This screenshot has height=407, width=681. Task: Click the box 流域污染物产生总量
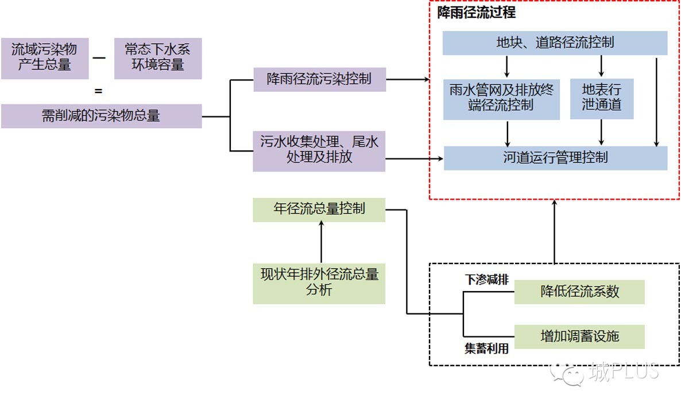pyautogui.click(x=45, y=58)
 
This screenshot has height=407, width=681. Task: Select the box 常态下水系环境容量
pyautogui.click(x=158, y=58)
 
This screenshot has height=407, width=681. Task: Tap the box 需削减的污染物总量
pyautogui.click(x=101, y=116)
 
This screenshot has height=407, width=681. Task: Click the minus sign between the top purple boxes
pyautogui.click(x=99, y=58)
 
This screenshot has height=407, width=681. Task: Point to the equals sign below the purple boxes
pyautogui.click(x=98, y=91)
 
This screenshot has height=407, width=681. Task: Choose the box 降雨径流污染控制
pyautogui.click(x=319, y=79)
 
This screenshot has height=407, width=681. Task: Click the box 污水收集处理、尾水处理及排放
pyautogui.click(x=319, y=151)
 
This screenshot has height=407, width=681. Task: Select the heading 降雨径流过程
pyautogui.click(x=477, y=13)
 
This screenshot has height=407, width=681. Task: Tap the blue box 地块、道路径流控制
pyautogui.click(x=555, y=43)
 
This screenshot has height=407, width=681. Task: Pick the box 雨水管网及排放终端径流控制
pyautogui.click(x=501, y=99)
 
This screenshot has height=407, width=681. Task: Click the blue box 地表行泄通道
pyautogui.click(x=601, y=99)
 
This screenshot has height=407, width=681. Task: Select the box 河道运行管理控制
pyautogui.click(x=555, y=158)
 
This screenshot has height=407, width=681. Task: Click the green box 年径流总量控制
pyautogui.click(x=319, y=209)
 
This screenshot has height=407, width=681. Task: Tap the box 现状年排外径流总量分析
pyautogui.click(x=319, y=283)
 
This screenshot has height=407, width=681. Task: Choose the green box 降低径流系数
pyautogui.click(x=579, y=292)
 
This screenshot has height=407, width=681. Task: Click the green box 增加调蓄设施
pyautogui.click(x=579, y=336)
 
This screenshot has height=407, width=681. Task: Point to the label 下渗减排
pyautogui.click(x=486, y=280)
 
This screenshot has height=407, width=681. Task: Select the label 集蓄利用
pyautogui.click(x=486, y=348)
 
